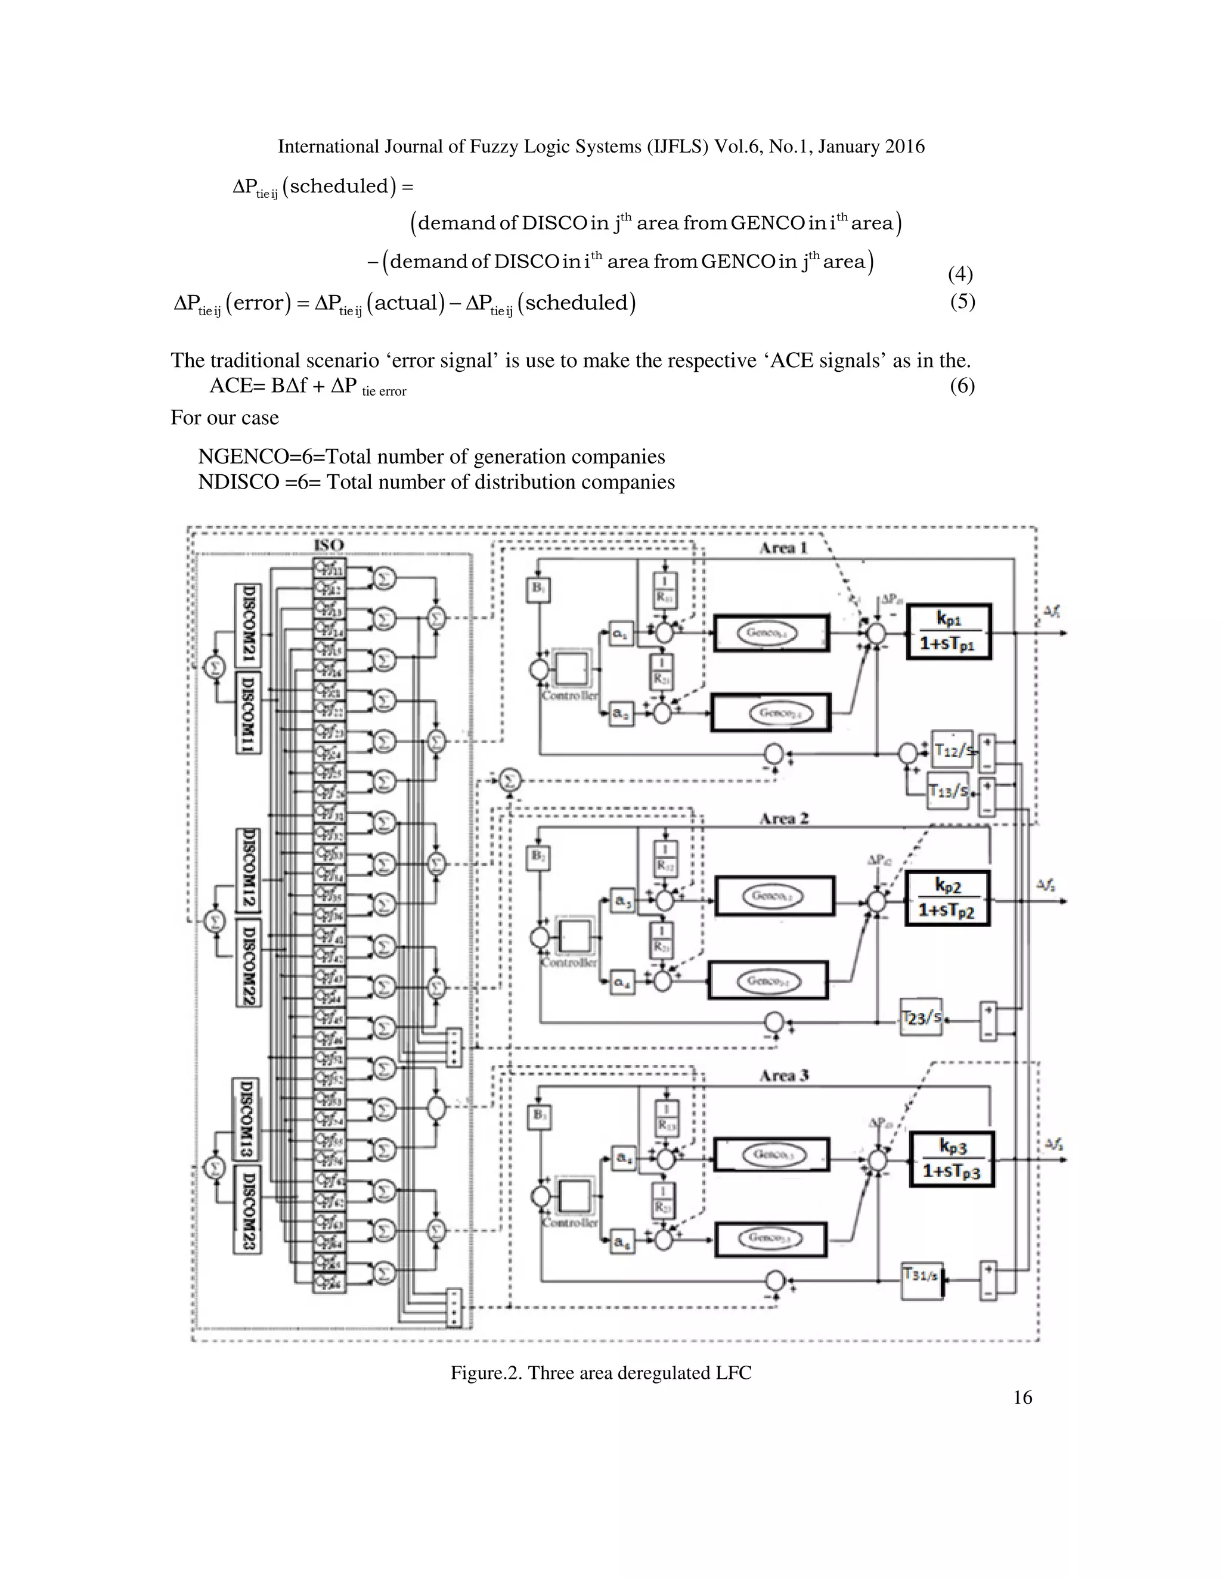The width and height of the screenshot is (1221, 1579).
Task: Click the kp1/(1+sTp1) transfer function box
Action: (949, 632)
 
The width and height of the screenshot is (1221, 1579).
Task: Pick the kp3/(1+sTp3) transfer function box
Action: (951, 1160)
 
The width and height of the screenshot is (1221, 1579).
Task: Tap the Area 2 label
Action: (783, 819)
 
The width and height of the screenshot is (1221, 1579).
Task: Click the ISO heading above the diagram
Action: (329, 545)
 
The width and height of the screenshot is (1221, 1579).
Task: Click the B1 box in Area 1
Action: (538, 590)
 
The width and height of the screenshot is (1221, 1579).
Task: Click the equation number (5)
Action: (962, 301)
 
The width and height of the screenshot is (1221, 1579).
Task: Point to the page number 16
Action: (1022, 1397)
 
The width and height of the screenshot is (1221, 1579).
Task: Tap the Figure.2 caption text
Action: (600, 1372)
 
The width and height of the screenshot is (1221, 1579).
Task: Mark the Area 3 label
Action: (783, 1076)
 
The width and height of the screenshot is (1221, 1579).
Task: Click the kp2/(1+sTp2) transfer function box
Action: (947, 899)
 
